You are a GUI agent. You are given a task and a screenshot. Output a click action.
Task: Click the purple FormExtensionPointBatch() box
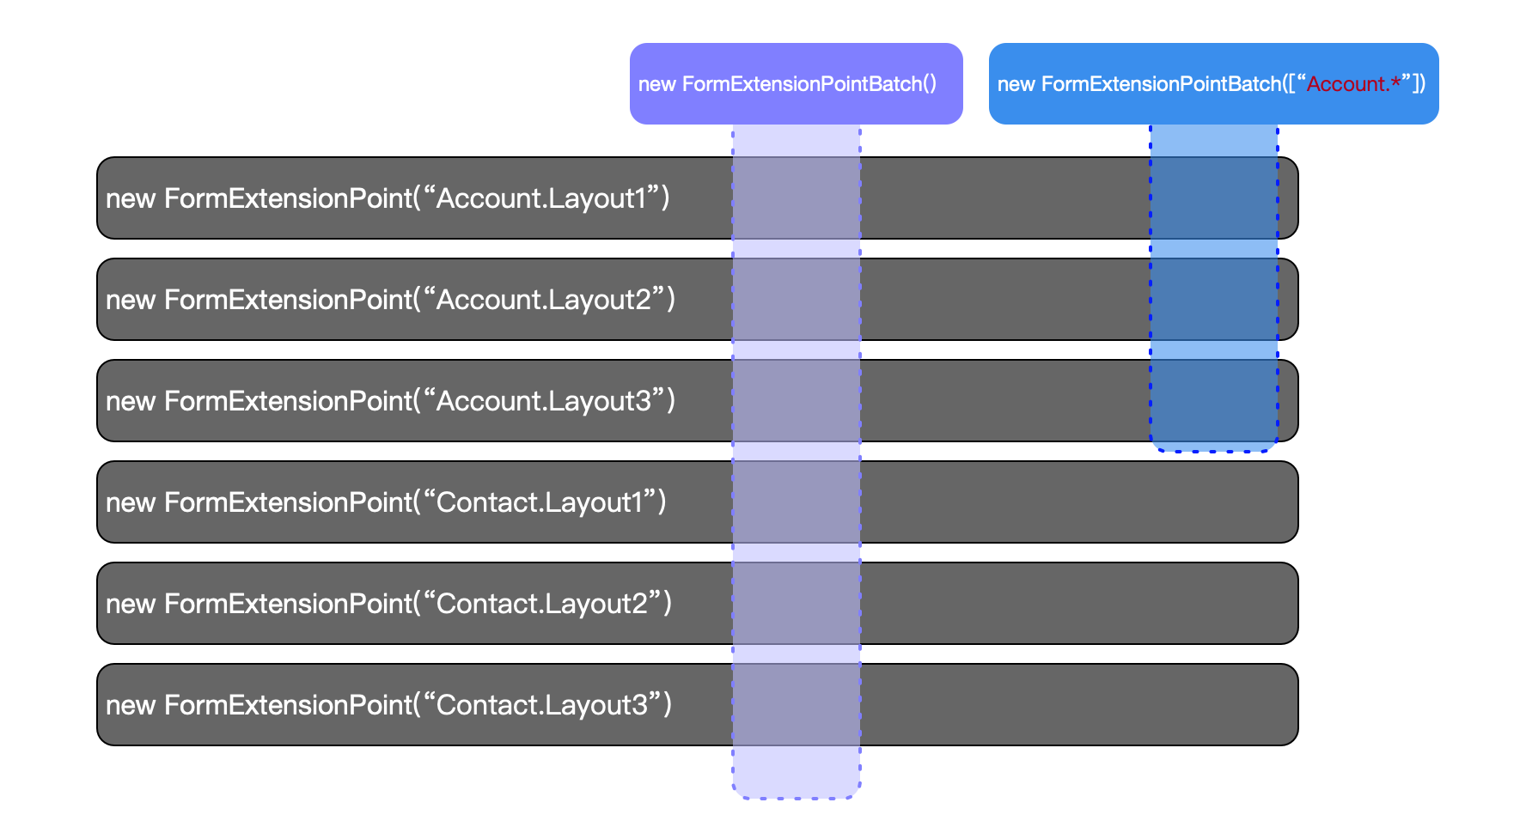tap(796, 83)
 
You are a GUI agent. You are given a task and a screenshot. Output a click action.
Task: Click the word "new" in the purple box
tap(657, 84)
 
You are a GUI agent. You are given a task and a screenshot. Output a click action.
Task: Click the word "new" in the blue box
tap(1016, 84)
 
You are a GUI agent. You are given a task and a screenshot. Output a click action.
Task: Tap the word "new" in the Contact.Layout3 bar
tap(131, 706)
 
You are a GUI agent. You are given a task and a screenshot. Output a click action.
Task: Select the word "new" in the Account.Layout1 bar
tap(131, 199)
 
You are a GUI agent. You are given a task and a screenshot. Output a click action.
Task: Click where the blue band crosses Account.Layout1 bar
tap(1214, 198)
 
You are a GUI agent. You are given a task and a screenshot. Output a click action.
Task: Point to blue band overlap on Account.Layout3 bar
tap(1214, 400)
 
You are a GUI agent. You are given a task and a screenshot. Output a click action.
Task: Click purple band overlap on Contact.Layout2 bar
tap(797, 603)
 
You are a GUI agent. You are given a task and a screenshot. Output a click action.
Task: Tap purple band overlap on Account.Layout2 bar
tap(797, 299)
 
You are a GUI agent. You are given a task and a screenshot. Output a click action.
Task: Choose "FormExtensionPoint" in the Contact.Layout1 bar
tap(289, 502)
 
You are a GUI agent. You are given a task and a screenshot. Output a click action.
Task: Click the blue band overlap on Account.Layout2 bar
tap(1214, 299)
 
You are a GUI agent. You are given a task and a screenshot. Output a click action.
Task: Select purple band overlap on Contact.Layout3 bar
tap(797, 704)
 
